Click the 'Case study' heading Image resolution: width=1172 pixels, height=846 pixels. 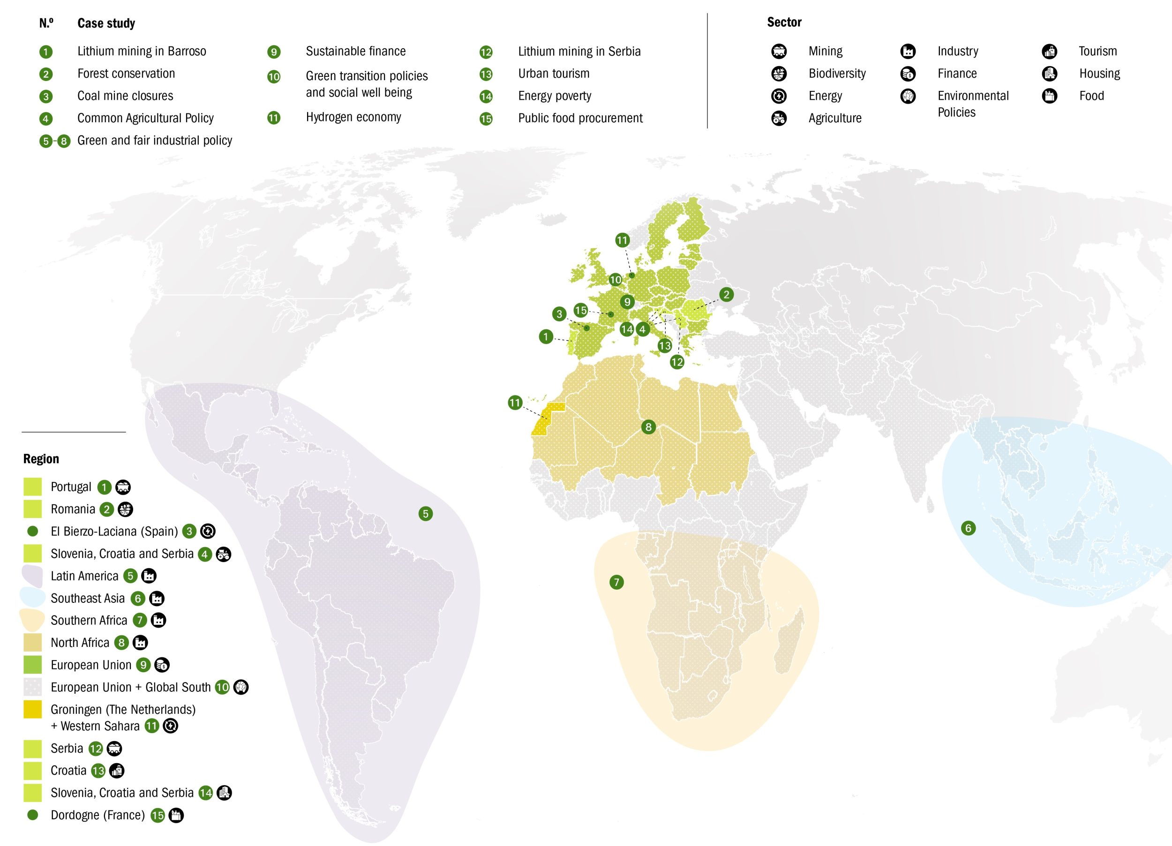coord(106,23)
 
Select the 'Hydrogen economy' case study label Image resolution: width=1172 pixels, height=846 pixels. coord(353,117)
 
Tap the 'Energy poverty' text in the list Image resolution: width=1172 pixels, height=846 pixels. coord(555,96)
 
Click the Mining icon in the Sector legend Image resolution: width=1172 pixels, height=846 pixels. coord(779,51)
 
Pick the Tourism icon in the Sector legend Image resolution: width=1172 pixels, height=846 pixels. coord(1049,51)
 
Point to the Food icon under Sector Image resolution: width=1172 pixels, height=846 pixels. coord(1049,96)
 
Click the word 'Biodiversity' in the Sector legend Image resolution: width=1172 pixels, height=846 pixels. coord(837,74)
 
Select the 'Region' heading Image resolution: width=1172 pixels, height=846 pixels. coord(41,459)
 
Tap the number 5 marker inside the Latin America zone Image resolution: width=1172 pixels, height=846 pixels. coord(425,513)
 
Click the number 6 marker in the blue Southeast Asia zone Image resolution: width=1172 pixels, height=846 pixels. coord(968,528)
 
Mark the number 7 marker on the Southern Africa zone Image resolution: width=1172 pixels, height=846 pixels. coord(616,583)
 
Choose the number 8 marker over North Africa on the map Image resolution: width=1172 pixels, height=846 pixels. coord(648,427)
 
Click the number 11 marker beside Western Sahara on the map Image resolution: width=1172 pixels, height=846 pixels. coord(515,403)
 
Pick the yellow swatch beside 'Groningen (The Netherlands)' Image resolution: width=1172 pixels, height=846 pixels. coord(32,709)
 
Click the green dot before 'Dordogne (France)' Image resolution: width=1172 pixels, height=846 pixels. coord(32,815)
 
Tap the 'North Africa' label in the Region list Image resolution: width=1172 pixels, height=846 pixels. coord(80,643)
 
